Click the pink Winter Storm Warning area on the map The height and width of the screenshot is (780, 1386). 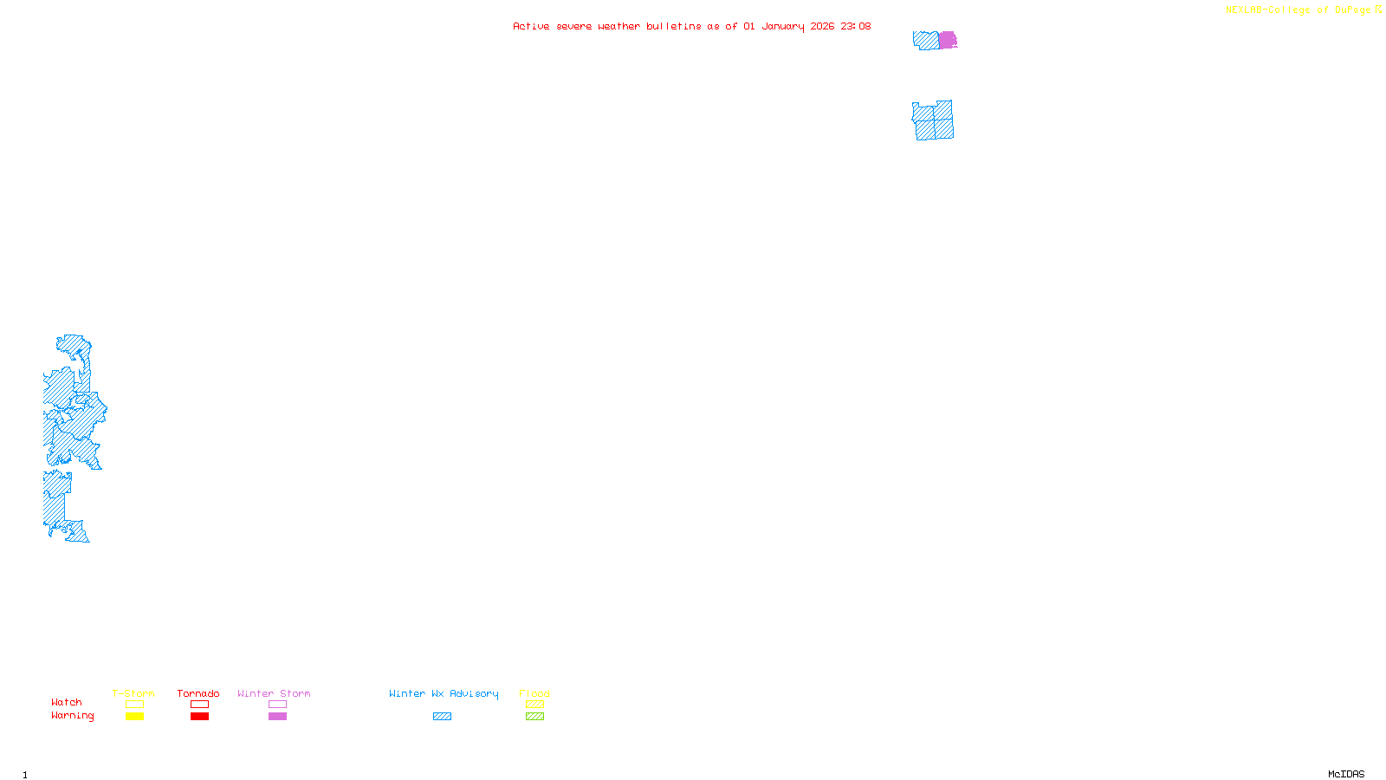pos(948,40)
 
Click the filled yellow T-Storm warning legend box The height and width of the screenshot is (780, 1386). pos(134,717)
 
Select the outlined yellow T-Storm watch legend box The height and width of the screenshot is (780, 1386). pos(134,705)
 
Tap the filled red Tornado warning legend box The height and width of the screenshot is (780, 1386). pos(199,717)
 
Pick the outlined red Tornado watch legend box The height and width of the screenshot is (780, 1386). pos(199,705)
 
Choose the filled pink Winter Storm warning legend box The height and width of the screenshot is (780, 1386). pos(277,717)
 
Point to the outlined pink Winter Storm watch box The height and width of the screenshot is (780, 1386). pos(277,705)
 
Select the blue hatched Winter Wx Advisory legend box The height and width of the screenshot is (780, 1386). pos(442,717)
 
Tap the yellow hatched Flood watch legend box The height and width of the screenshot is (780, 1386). pos(534,705)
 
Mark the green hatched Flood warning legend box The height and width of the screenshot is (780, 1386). pos(534,717)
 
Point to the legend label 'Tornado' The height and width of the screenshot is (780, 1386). pos(198,693)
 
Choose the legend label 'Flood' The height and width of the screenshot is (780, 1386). pos(534,693)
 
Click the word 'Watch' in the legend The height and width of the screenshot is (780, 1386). pos(67,703)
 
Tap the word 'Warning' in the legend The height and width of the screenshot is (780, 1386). pos(73,716)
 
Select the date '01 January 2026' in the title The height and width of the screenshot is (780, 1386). pos(788,27)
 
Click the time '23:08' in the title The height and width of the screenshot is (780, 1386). pos(856,27)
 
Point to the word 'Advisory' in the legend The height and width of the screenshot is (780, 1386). pos(474,693)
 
